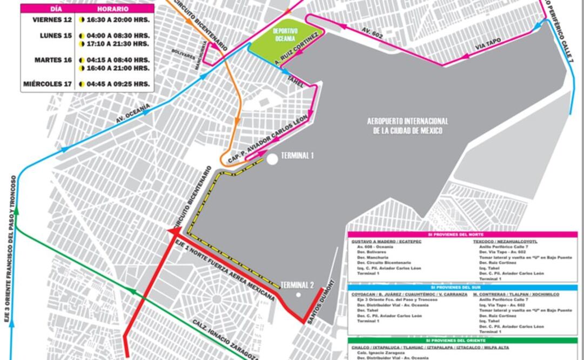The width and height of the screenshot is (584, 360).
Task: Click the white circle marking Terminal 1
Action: [272, 158]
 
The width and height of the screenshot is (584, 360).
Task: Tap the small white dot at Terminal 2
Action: [298, 295]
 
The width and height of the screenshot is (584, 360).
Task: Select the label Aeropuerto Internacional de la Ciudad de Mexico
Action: [407, 126]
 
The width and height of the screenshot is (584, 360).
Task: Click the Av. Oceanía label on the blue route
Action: [132, 114]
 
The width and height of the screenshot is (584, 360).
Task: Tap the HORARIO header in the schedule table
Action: [113, 9]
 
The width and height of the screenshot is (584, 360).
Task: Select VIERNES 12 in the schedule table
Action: [52, 19]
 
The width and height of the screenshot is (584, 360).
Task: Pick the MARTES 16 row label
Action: [53, 60]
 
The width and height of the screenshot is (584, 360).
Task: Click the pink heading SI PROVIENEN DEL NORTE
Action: [462, 235]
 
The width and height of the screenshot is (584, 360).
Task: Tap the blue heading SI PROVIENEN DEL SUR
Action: [462, 288]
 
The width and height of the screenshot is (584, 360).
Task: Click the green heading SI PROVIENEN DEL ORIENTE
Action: [462, 341]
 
